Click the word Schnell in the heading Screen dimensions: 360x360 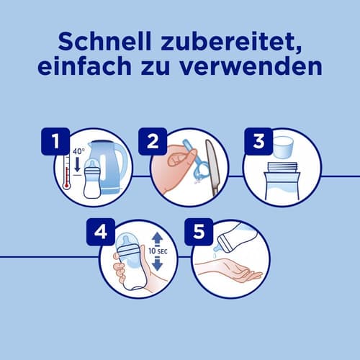pyautogui.click(x=104, y=41)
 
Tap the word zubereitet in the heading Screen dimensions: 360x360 pyautogui.click(x=231, y=42)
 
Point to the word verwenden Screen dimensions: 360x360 pyautogui.click(x=251, y=66)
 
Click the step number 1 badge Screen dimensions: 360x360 pyautogui.click(x=55, y=141)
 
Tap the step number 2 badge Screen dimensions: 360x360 pyautogui.click(x=153, y=141)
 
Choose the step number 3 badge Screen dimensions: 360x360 pyautogui.click(x=258, y=141)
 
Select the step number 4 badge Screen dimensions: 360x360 pyautogui.click(x=101, y=232)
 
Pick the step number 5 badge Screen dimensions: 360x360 pyautogui.click(x=199, y=232)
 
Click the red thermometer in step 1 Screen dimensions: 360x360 pyautogui.click(x=66, y=172)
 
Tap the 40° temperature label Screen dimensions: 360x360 pyautogui.click(x=78, y=151)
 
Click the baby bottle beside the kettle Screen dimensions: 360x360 pyautogui.click(x=91, y=179)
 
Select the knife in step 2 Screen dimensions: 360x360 pyautogui.click(x=212, y=168)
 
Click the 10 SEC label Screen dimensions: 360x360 pyautogui.click(x=158, y=251)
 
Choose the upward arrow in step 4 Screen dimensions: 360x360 pyautogui.click(x=157, y=239)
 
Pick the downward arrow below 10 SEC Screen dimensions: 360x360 pyautogui.click(x=157, y=264)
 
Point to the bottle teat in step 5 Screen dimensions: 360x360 pyautogui.click(x=217, y=248)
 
